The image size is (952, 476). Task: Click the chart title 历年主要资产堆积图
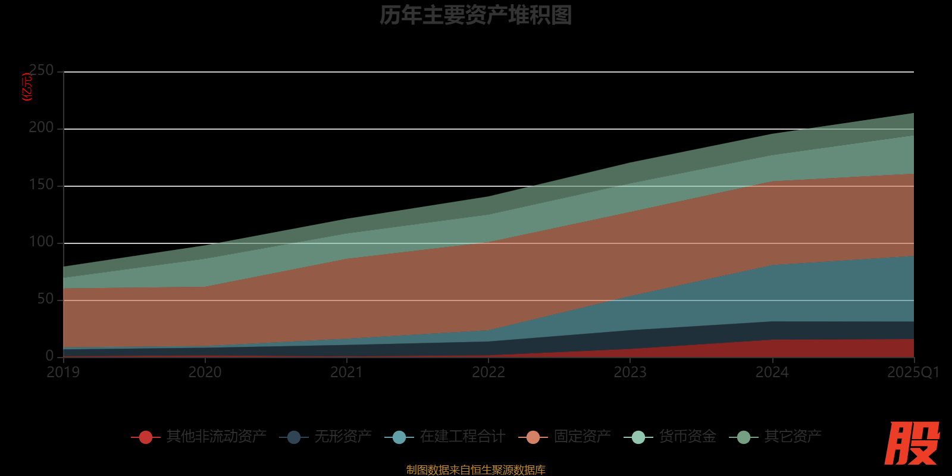[475, 15]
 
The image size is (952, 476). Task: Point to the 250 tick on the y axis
[41, 71]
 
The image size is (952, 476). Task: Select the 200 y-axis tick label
[41, 128]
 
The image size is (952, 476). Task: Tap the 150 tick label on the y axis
[41, 185]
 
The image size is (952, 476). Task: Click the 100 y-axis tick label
[41, 242]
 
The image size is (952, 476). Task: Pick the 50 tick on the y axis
[45, 299]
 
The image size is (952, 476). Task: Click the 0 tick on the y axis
[49, 356]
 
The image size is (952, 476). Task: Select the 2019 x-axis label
[63, 372]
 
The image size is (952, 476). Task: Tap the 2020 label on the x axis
[205, 372]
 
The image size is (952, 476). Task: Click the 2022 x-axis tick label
[488, 372]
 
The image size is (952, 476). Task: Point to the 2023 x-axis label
[630, 372]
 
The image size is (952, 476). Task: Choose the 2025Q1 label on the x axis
[913, 372]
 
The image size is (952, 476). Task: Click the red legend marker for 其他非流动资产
[146, 437]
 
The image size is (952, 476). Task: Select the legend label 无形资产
[343, 437]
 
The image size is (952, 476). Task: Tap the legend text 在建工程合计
[462, 437]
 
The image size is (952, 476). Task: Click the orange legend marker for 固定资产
[533, 437]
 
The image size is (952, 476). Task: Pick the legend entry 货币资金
[687, 437]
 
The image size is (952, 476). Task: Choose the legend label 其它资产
[793, 437]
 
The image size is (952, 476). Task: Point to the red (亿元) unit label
[27, 87]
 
